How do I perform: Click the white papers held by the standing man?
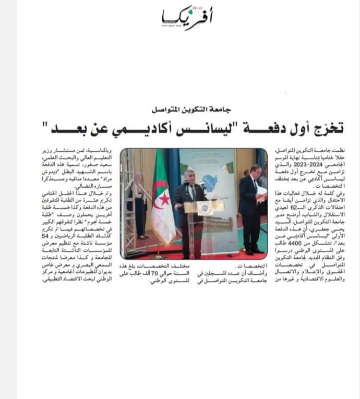click(262, 190)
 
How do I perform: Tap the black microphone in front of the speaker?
click(186, 184)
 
